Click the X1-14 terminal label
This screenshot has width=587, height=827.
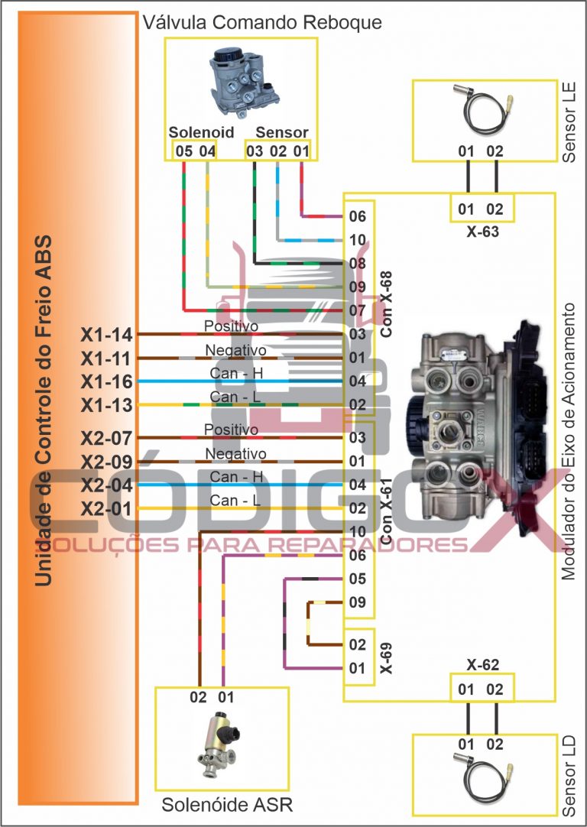click(x=107, y=335)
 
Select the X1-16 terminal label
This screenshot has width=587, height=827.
click(x=107, y=381)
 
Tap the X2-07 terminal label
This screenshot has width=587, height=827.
click(x=107, y=439)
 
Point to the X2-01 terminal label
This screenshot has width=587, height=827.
click(x=107, y=508)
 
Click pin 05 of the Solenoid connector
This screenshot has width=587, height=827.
click(x=183, y=151)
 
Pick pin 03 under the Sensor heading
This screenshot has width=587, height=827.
click(x=255, y=151)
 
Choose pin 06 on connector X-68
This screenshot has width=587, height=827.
click(x=357, y=216)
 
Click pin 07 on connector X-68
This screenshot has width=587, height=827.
click(x=357, y=311)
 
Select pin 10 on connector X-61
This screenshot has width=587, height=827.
click(x=357, y=532)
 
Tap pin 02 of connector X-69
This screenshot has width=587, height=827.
click(x=357, y=644)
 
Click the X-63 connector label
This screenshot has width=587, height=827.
click(x=482, y=231)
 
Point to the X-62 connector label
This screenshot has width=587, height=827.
click(x=482, y=665)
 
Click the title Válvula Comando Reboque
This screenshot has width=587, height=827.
click(x=262, y=22)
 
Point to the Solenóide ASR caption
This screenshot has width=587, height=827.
click(x=227, y=805)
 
